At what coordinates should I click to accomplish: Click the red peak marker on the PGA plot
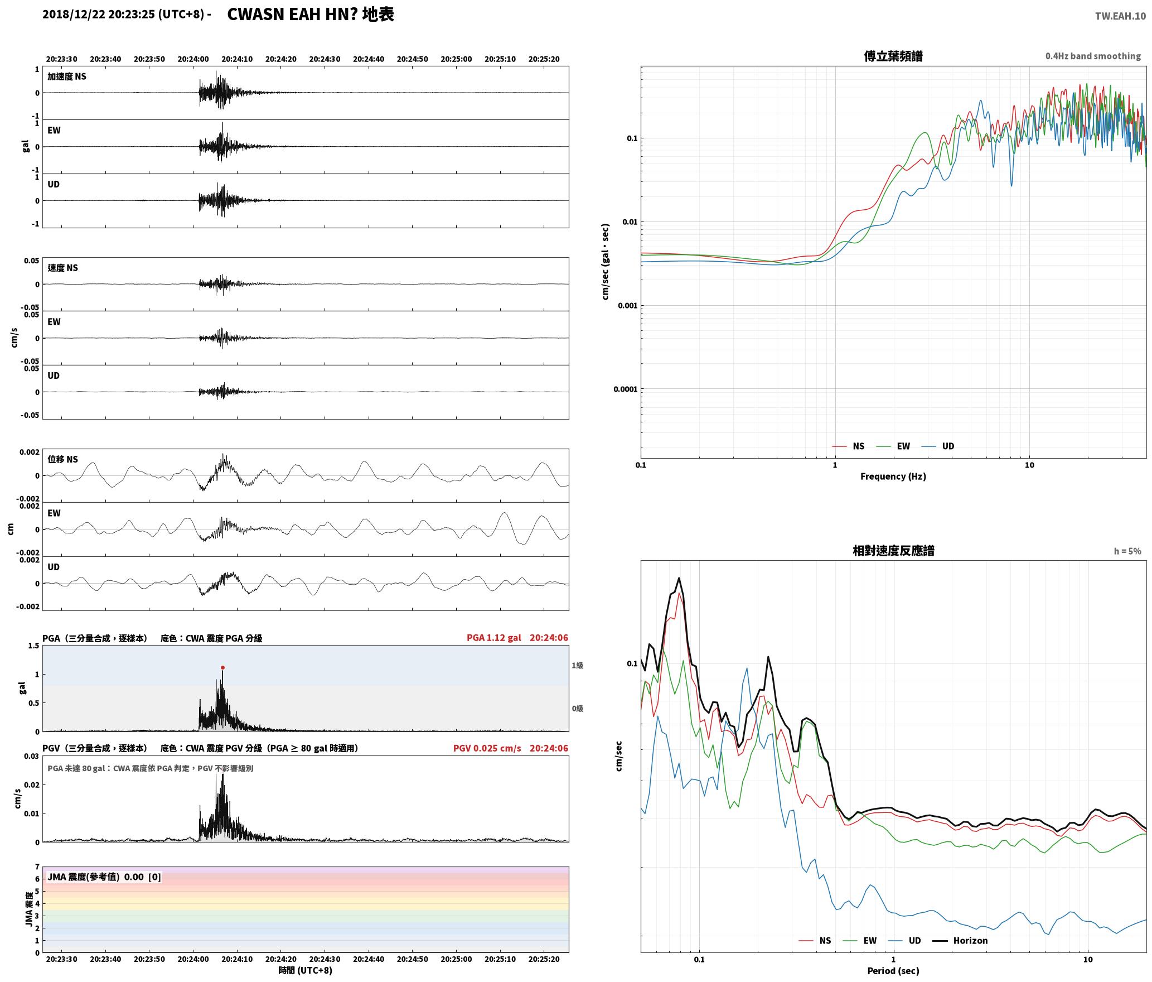pos(222,667)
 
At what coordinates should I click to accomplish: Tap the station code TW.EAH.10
pos(1120,16)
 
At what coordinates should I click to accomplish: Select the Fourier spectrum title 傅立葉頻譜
pos(893,56)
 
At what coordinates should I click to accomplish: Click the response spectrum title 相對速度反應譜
pos(893,551)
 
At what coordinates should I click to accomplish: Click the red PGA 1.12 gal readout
pos(494,638)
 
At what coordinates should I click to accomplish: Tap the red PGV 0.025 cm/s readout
pos(487,748)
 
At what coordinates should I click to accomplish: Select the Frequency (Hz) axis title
pos(893,476)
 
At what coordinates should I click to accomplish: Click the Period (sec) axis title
pos(893,971)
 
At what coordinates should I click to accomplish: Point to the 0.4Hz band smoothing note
pos(1093,56)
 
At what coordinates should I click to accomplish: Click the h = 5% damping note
pos(1127,551)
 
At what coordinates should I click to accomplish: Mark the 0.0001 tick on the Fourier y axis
pos(625,389)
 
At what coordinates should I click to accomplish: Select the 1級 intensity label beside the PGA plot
pos(577,665)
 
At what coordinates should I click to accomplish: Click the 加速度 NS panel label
pos(67,76)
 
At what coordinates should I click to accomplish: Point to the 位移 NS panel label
pos(63,459)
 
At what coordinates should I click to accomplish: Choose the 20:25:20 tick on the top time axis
pos(544,59)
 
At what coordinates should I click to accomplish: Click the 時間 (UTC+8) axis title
pos(306,970)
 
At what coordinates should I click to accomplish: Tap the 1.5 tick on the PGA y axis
pos(33,646)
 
